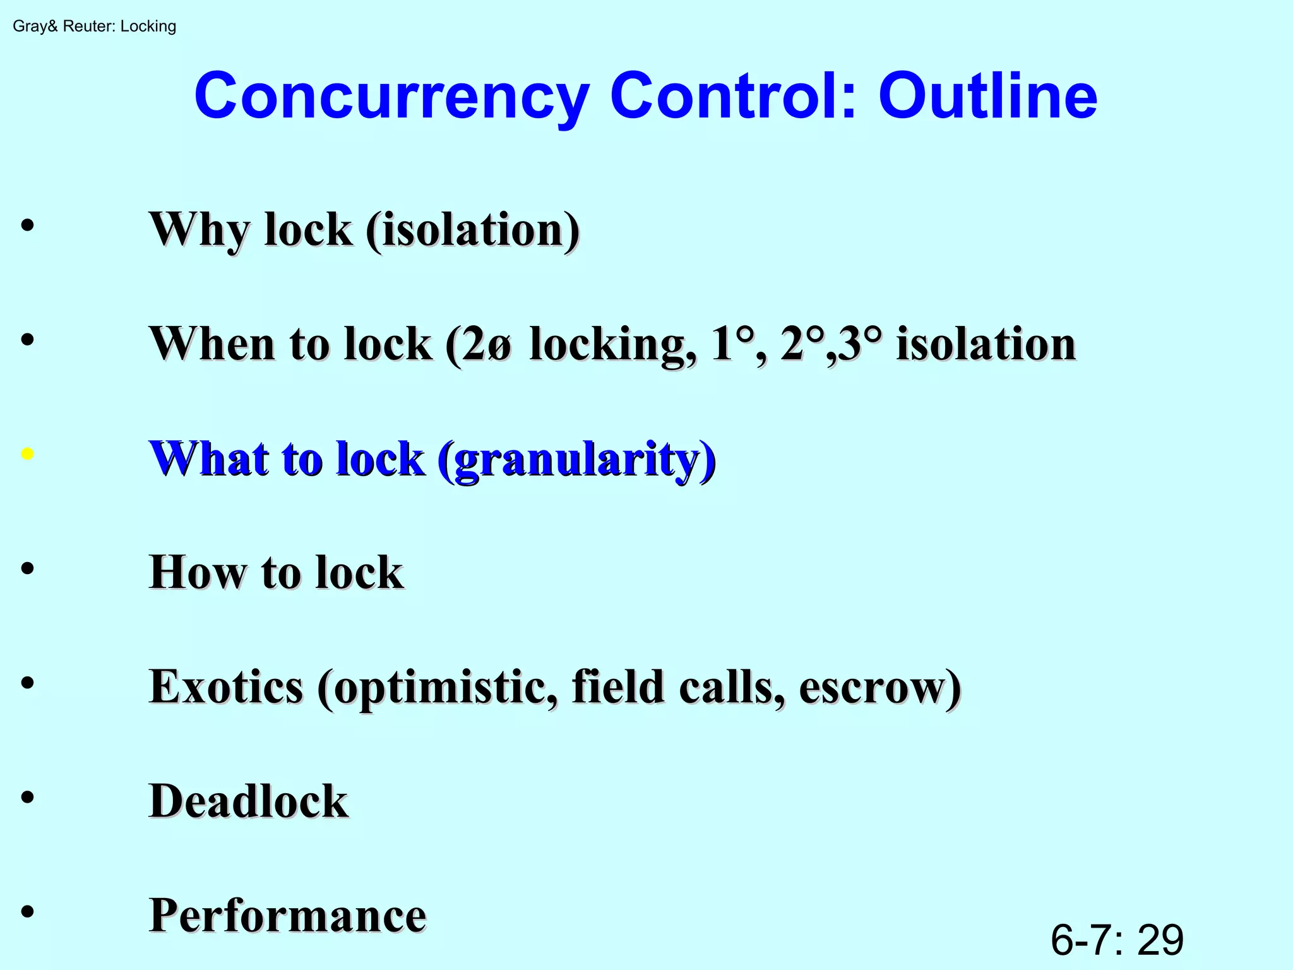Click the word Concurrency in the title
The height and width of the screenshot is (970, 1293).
(391, 97)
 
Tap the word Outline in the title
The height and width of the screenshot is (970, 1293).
(987, 97)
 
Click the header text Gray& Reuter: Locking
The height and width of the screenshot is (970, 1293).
(94, 27)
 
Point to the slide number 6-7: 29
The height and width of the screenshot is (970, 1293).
(1116, 940)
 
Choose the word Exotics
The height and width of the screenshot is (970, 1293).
(226, 687)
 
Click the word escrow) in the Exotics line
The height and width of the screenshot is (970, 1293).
(880, 687)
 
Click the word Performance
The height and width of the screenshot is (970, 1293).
(288, 916)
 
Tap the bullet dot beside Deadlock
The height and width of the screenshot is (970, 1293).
(27, 797)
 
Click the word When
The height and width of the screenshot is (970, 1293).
(212, 345)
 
